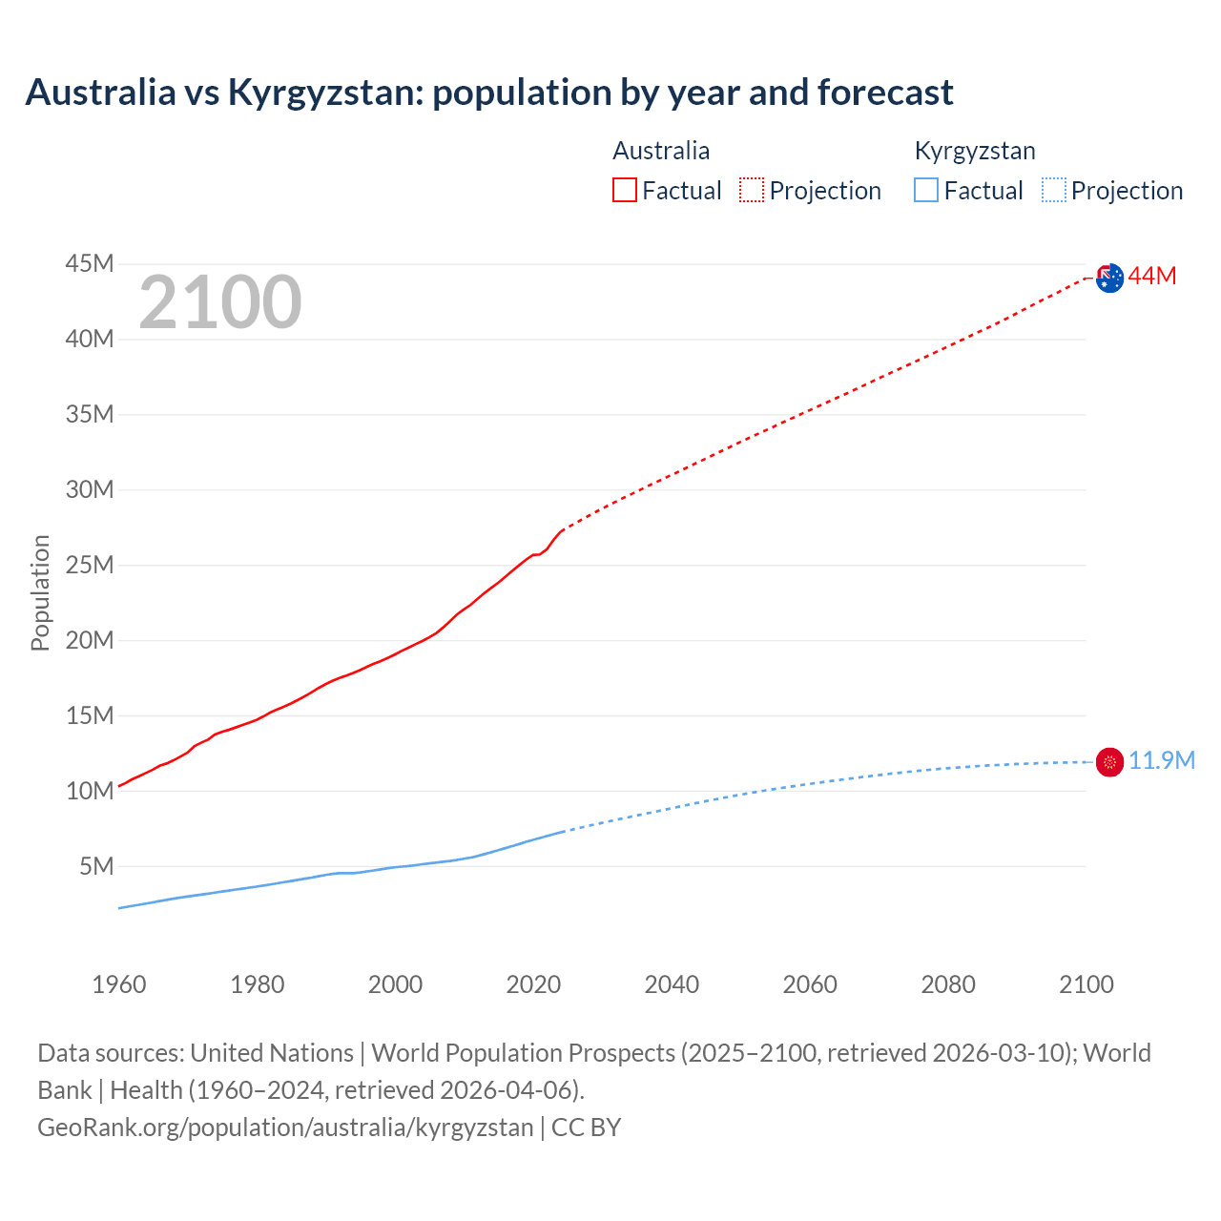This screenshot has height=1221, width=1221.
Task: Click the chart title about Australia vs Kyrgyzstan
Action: pos(488,93)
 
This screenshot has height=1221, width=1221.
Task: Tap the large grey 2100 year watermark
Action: pos(220,303)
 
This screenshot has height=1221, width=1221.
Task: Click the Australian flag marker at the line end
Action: pos(1109,278)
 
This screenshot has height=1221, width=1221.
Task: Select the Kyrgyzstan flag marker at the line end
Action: pos(1109,761)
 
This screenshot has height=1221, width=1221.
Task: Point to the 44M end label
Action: pos(1152,277)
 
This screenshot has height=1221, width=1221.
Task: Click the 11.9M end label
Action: pos(1162,760)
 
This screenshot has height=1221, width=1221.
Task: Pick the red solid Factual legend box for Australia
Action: pos(625,191)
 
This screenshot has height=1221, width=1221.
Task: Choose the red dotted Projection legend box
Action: pos(752,191)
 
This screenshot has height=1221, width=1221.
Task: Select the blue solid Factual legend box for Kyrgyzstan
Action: pos(926,191)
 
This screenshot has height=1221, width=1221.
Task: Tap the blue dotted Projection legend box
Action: pos(1054,191)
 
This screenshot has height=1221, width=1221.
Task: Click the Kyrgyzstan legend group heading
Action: pos(975,151)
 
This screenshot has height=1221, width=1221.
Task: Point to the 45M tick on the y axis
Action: pos(90,264)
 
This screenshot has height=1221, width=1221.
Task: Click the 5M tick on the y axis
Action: pos(96,866)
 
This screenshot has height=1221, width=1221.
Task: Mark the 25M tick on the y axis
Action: pos(90,565)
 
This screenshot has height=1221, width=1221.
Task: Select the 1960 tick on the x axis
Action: pos(119,984)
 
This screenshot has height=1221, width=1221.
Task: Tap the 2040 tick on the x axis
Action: pos(672,984)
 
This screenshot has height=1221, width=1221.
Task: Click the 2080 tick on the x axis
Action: pos(948,984)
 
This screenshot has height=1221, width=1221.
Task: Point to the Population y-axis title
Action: pos(40,592)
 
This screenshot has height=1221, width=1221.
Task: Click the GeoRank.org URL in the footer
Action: pos(285,1128)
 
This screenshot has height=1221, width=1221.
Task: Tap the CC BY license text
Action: pos(587,1128)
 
